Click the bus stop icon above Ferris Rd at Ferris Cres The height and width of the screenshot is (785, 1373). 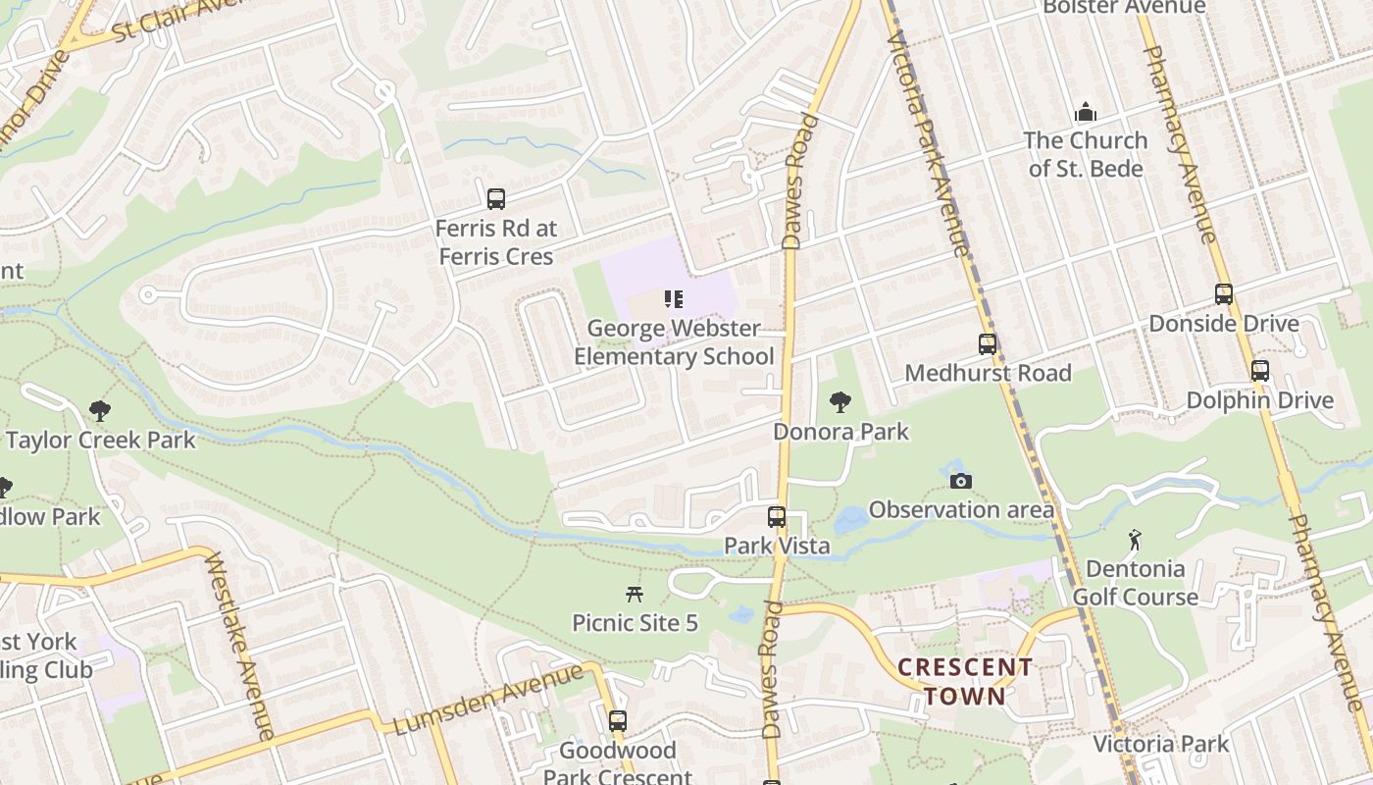pyautogui.click(x=496, y=199)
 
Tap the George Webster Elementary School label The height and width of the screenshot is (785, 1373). pyautogui.click(x=674, y=342)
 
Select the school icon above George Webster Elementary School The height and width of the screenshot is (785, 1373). pyautogui.click(x=673, y=299)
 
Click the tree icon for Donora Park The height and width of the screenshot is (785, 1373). pyautogui.click(x=839, y=401)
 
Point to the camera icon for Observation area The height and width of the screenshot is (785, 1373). pyautogui.click(x=961, y=481)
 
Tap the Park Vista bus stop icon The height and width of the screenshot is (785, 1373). pyautogui.click(x=777, y=516)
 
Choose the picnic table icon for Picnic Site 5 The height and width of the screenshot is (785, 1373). pyautogui.click(x=635, y=594)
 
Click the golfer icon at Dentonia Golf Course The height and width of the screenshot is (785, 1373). pyautogui.click(x=1135, y=540)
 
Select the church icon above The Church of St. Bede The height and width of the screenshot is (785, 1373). pyautogui.click(x=1086, y=112)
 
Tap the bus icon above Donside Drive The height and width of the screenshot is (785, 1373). pyautogui.click(x=1223, y=293)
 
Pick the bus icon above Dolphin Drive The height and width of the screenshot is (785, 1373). pyautogui.click(x=1260, y=371)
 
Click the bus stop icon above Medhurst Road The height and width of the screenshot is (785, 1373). pyautogui.click(x=988, y=344)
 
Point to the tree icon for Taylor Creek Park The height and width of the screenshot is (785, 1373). pyautogui.click(x=99, y=410)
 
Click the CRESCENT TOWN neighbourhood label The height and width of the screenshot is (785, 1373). pyautogui.click(x=965, y=682)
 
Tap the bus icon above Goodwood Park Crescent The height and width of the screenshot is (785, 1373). pyautogui.click(x=618, y=721)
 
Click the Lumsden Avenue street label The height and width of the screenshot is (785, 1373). pyautogui.click(x=487, y=700)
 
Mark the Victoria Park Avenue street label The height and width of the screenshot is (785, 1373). pyautogui.click(x=928, y=142)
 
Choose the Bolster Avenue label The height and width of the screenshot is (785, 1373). pyautogui.click(x=1124, y=7)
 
